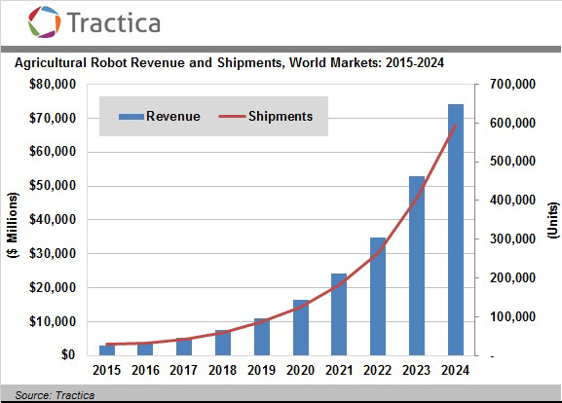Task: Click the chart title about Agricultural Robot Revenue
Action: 229,63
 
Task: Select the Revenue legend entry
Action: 160,117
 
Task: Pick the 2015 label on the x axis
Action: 108,371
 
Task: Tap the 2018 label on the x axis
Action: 223,371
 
